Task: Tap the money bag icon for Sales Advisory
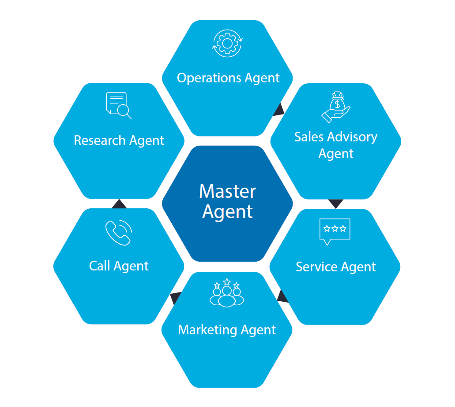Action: tap(336, 107)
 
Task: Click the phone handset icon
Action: tap(119, 233)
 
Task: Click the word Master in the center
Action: tap(227, 192)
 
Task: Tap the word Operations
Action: tap(208, 78)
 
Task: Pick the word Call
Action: tap(99, 266)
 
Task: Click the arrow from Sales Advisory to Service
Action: tap(336, 203)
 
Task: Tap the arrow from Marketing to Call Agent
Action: tap(176, 298)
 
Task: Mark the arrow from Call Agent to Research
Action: tap(119, 204)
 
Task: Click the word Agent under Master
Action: tap(227, 211)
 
